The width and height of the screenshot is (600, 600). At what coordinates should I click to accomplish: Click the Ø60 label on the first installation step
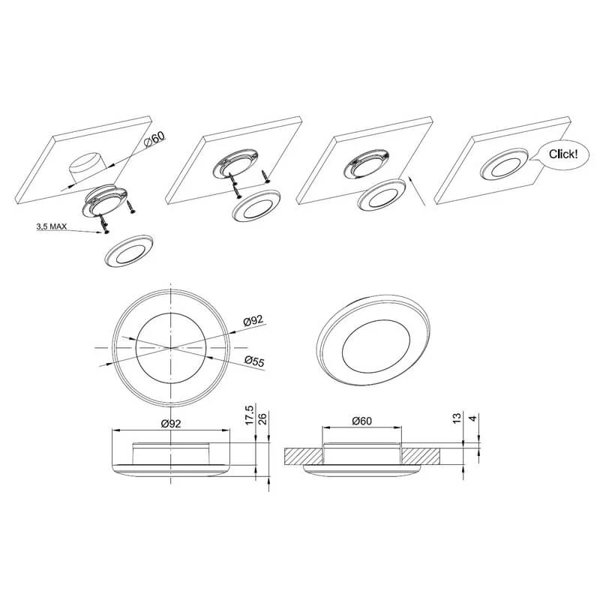(156, 140)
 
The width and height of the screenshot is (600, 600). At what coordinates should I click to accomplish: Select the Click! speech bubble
(562, 155)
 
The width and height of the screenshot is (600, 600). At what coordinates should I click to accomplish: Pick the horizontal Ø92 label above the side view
(171, 424)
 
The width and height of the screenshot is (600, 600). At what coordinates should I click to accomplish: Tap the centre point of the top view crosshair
(171, 348)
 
